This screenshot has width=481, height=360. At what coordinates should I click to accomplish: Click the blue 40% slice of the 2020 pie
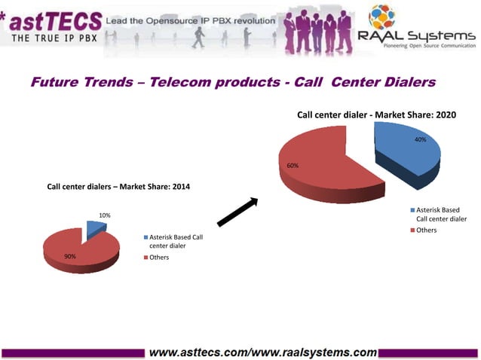click(x=407, y=151)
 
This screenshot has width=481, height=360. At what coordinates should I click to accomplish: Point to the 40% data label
click(x=420, y=140)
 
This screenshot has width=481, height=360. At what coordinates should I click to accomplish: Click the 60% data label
click(x=293, y=166)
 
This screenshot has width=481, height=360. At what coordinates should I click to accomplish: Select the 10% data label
click(x=105, y=215)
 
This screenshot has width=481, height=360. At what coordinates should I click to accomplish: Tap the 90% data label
click(x=69, y=256)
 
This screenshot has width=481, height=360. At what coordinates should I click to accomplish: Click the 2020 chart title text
click(x=376, y=115)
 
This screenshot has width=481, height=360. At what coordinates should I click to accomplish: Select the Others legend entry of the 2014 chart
click(x=158, y=258)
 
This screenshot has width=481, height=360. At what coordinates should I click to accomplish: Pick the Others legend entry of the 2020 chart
click(x=426, y=230)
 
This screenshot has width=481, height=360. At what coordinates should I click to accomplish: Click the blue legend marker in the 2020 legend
click(x=412, y=209)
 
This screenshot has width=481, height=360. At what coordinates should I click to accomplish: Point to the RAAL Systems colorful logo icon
click(x=381, y=17)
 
